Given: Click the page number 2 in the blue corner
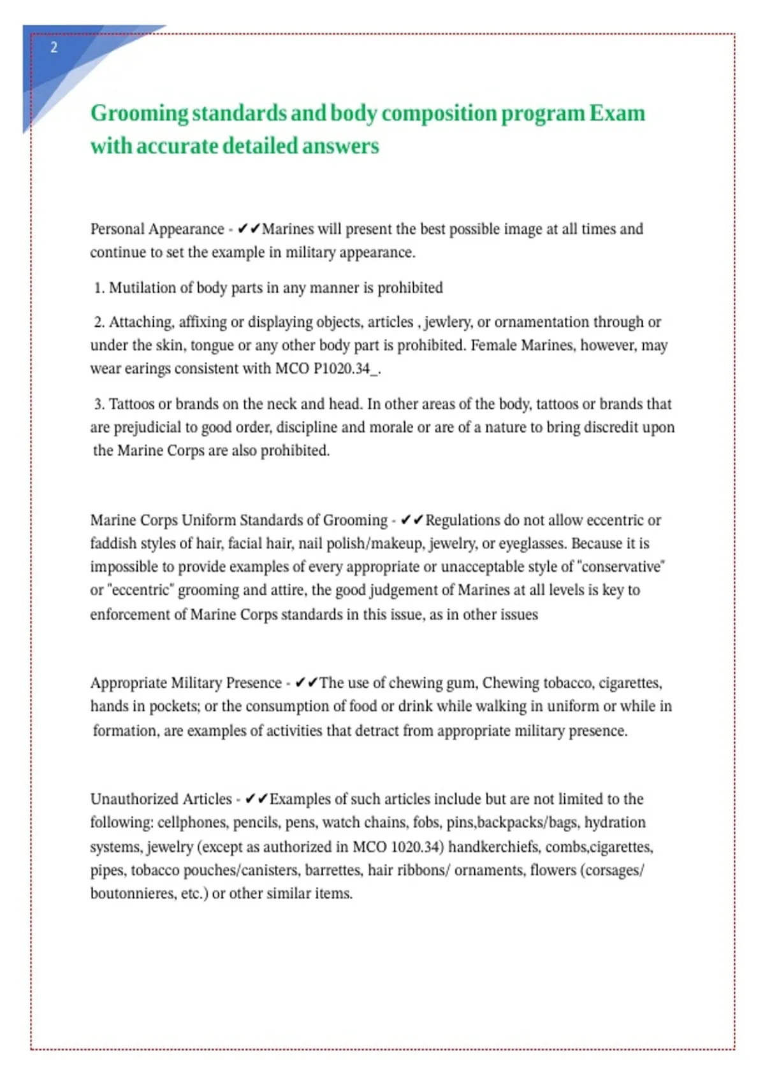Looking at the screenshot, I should coord(54,47).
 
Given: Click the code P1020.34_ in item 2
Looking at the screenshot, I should coord(346,369).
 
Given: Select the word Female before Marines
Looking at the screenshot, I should coord(493,345).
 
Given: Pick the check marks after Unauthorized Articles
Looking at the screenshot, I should coord(256,799).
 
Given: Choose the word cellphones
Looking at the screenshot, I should coord(192,822).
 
